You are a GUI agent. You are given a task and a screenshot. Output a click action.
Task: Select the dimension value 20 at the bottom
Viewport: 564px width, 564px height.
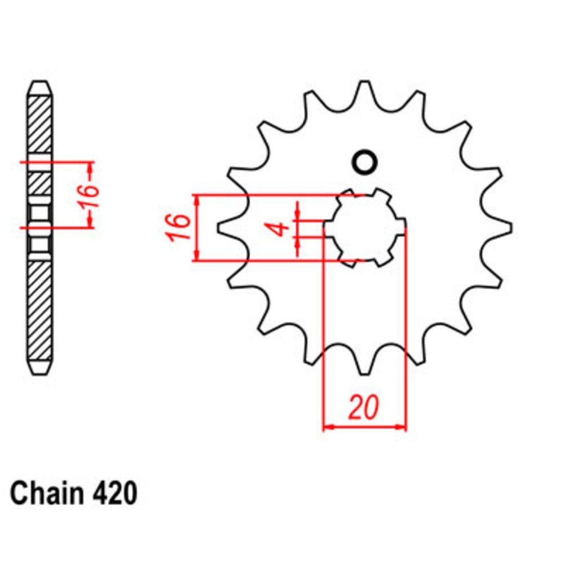point(363,408)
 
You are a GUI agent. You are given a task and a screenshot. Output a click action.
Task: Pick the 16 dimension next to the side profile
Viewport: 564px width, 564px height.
point(90,195)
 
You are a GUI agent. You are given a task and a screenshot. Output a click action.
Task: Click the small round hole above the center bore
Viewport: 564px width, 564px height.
point(363,162)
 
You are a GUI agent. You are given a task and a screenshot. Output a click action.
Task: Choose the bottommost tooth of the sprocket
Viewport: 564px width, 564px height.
point(364,367)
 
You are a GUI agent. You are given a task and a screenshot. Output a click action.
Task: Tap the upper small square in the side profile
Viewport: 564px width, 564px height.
point(41,215)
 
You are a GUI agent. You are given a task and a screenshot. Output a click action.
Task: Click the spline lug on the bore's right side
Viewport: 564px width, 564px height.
point(400,228)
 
